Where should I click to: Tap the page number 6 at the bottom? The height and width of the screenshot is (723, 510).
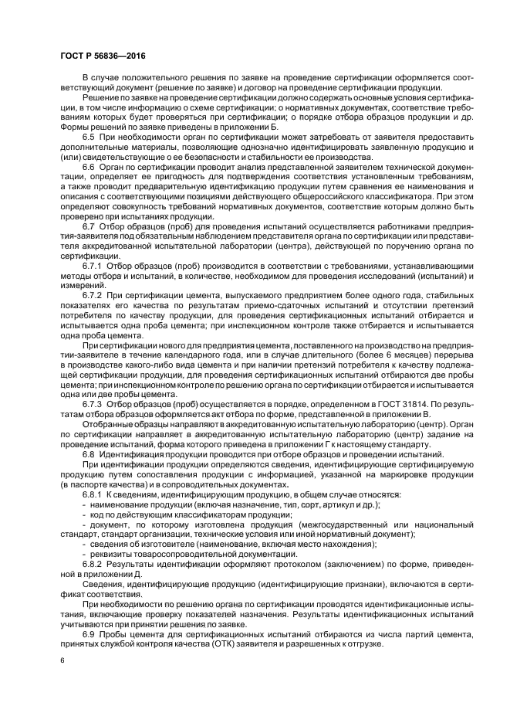point(62,661)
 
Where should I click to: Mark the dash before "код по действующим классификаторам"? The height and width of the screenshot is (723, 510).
point(83,514)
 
